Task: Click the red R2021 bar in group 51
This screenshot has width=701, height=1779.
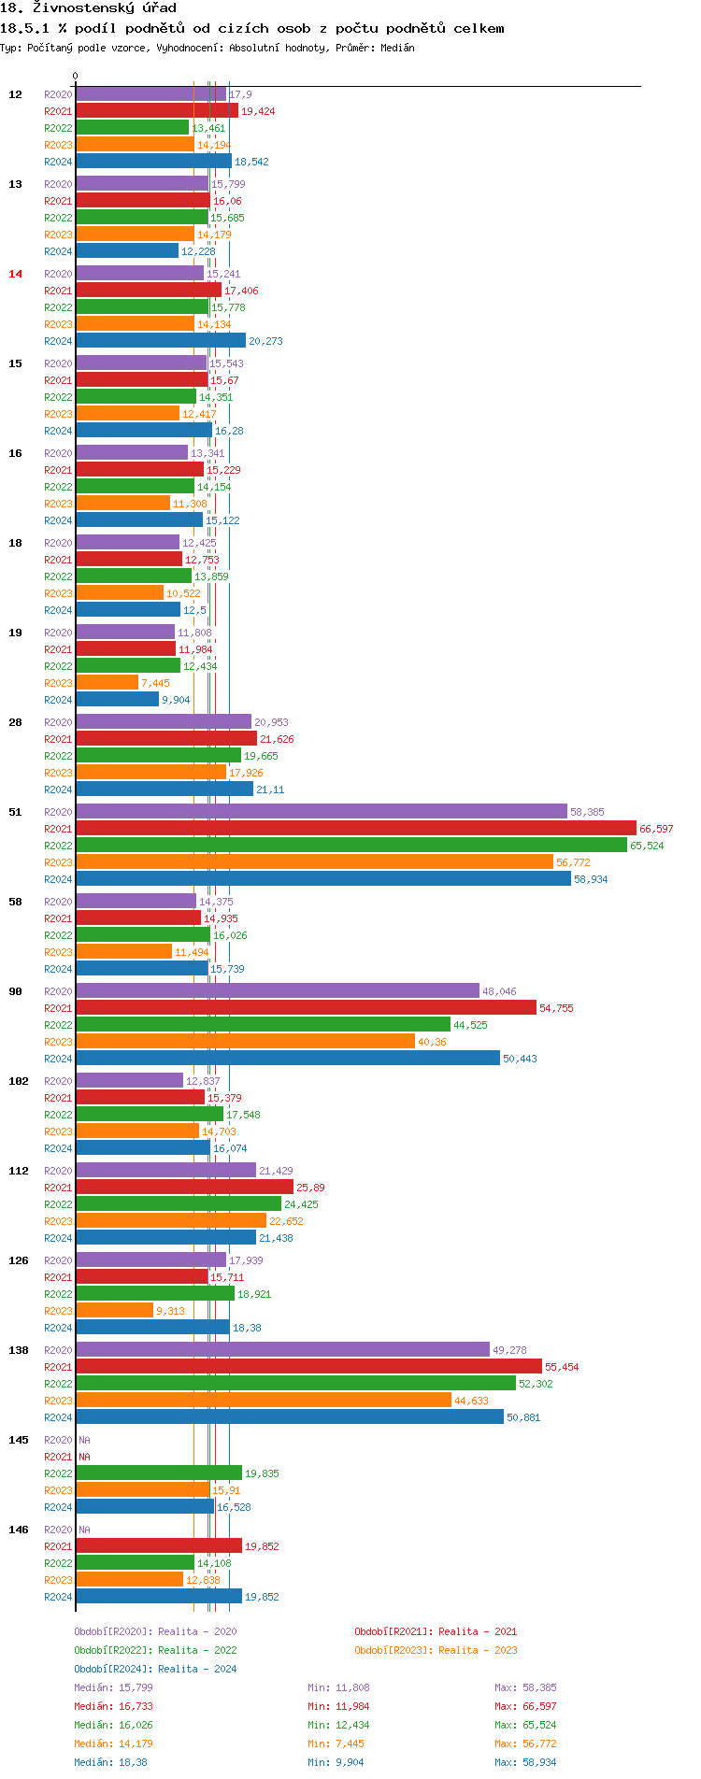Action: [355, 829]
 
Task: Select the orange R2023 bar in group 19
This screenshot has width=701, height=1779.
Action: [107, 683]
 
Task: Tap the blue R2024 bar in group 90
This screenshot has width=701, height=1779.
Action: [288, 1059]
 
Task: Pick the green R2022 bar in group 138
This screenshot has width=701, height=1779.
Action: [295, 1384]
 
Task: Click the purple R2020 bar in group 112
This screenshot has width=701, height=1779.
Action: [165, 1171]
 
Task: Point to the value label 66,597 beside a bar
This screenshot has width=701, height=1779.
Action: [656, 829]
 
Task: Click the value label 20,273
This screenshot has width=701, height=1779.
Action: [265, 341]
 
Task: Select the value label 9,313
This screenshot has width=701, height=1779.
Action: [170, 1311]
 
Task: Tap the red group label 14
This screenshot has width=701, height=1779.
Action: [15, 274]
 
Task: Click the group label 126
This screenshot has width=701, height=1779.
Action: [19, 1260]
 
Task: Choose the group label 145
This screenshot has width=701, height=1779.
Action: [19, 1440]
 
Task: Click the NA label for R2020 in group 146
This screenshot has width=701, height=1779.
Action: [84, 1530]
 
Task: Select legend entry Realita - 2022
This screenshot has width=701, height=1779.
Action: [155, 1650]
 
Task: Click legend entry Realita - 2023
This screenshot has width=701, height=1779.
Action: [436, 1650]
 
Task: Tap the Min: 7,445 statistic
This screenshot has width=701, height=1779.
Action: [336, 1743]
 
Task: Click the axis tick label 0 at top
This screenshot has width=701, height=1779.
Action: [76, 77]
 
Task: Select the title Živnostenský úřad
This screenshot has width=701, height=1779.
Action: [104, 8]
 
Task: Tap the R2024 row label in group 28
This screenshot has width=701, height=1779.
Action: [58, 790]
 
